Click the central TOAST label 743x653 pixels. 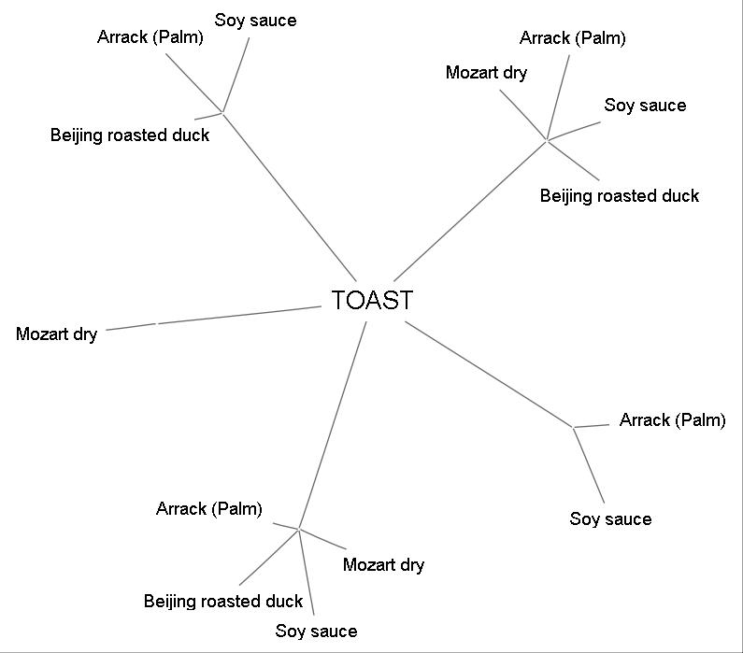372,300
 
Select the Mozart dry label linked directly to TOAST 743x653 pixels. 56,334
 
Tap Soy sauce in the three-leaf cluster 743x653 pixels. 255,21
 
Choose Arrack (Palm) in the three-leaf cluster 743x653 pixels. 150,37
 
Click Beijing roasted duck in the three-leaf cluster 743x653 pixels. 130,135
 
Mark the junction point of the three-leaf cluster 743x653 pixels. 223,112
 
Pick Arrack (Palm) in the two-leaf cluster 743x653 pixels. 672,419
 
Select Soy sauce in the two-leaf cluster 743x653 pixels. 610,518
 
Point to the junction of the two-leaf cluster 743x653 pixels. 573,427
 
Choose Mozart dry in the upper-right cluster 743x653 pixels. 486,73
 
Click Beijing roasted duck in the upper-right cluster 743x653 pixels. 619,195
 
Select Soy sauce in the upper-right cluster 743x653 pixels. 645,106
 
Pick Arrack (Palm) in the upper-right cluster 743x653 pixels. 572,38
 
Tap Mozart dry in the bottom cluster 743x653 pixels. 383,564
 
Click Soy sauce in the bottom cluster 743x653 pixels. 316,632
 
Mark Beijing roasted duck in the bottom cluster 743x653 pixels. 223,601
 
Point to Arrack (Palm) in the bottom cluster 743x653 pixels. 208,508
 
